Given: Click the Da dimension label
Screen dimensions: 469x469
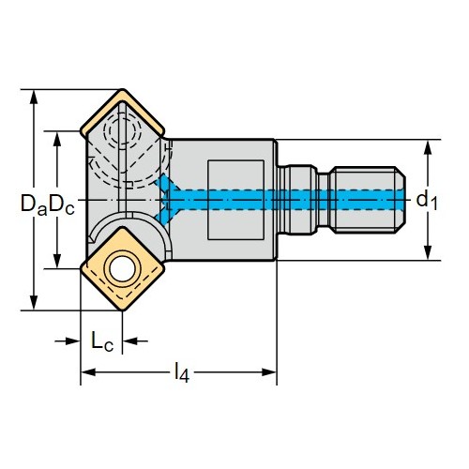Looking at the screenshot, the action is [34, 204].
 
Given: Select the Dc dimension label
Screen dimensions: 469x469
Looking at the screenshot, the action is [62, 204].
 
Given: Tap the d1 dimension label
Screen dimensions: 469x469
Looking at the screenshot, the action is [427, 200].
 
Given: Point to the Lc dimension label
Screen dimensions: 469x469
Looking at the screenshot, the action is [102, 340].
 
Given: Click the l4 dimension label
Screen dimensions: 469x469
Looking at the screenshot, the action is [182, 372].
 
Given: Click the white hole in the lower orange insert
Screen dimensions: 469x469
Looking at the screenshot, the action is [122, 269].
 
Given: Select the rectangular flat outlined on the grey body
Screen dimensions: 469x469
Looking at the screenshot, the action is [235, 200].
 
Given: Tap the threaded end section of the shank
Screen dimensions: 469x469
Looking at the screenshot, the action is [368, 200].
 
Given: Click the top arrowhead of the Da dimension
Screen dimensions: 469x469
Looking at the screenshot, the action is [34, 97].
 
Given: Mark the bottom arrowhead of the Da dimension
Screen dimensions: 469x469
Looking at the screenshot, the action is [34, 303].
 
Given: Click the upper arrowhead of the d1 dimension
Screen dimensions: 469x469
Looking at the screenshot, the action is [428, 147].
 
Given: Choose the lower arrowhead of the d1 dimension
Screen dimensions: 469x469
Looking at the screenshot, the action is [428, 252].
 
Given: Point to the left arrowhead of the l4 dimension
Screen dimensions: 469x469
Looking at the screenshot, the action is [88, 372].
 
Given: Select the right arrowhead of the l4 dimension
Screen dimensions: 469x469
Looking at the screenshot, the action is [269, 372].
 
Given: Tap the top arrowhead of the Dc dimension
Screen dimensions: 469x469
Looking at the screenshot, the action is [57, 139].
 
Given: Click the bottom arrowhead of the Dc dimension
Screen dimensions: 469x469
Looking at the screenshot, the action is [57, 261].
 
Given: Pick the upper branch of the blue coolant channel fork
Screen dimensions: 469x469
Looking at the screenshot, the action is [168, 184].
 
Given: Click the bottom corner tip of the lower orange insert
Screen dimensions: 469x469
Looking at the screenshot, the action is [122, 310].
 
